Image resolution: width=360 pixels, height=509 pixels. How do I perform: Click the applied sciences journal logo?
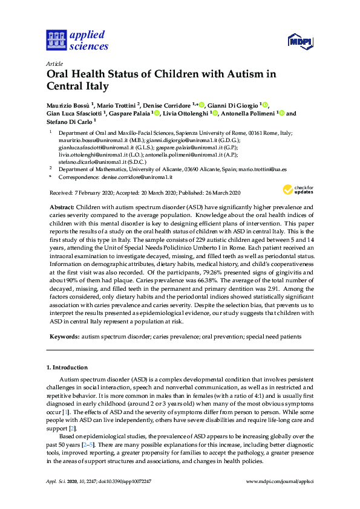click(x=77, y=40)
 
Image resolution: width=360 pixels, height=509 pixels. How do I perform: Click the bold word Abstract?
click(x=62, y=207)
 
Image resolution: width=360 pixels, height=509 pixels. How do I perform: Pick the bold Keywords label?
click(x=64, y=335)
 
